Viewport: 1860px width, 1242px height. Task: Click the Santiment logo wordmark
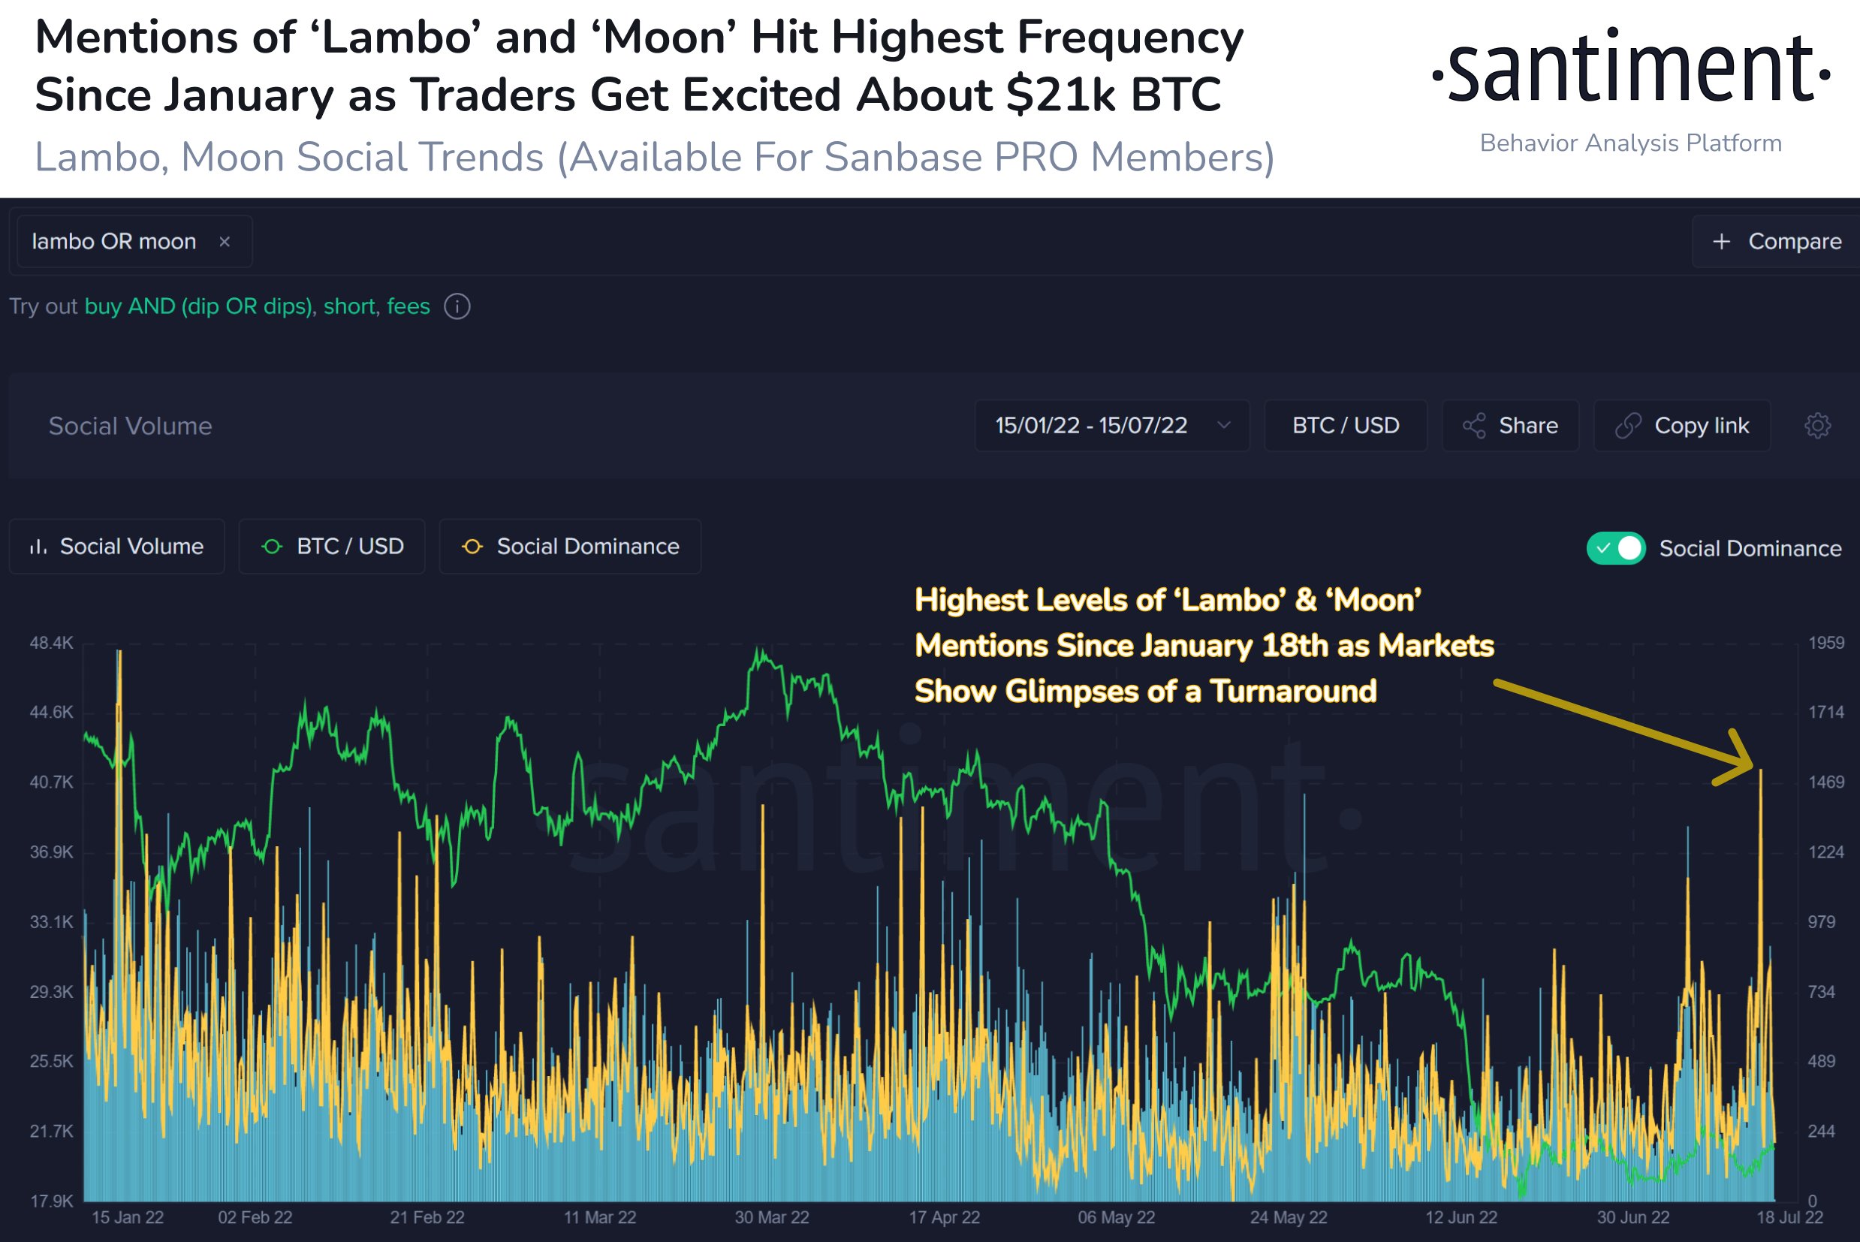pyautogui.click(x=1630, y=70)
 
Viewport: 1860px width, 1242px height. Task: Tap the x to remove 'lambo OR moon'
pyautogui.click(x=225, y=242)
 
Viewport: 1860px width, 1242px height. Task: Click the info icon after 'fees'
pyautogui.click(x=457, y=306)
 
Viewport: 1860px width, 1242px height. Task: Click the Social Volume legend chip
pyautogui.click(x=116, y=547)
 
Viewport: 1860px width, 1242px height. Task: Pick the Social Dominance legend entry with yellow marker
pyautogui.click(x=571, y=547)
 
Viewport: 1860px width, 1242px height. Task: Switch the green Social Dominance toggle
pyautogui.click(x=1616, y=548)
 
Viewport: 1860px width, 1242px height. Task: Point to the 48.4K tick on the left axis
pyautogui.click(x=52, y=644)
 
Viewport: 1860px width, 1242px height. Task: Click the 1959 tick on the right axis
pyautogui.click(x=1826, y=644)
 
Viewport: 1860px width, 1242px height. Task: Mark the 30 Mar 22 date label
pyautogui.click(x=772, y=1217)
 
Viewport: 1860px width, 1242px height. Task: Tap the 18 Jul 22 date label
pyautogui.click(x=1789, y=1217)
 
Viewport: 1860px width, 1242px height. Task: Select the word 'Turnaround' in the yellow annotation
pyautogui.click(x=1293, y=692)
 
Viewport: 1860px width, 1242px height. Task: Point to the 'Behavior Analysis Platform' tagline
pyautogui.click(x=1630, y=143)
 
